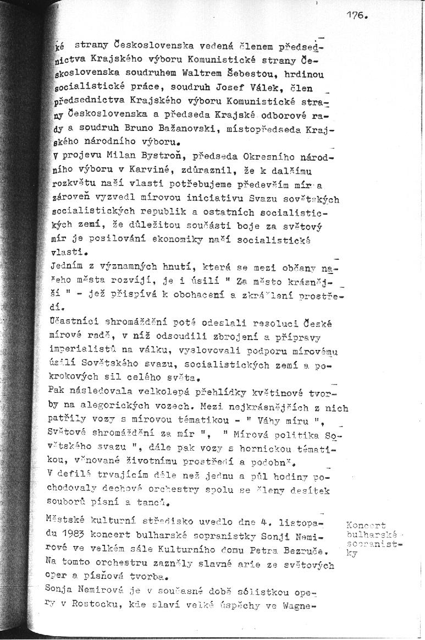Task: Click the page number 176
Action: (x=356, y=16)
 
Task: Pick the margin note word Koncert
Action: (x=366, y=526)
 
